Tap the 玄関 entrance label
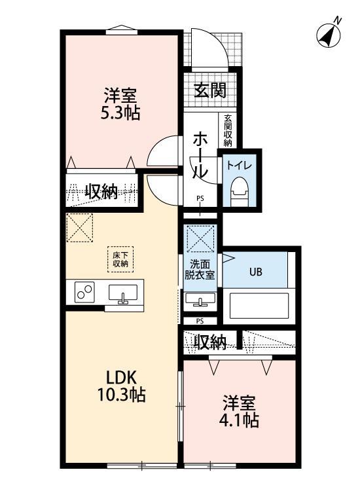(209, 90)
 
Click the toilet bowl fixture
(240, 191)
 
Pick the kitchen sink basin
(122, 295)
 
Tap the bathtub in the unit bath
(258, 306)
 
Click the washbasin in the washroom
(200, 300)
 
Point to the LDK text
(122, 378)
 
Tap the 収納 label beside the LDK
(101, 192)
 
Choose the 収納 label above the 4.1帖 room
(211, 342)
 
